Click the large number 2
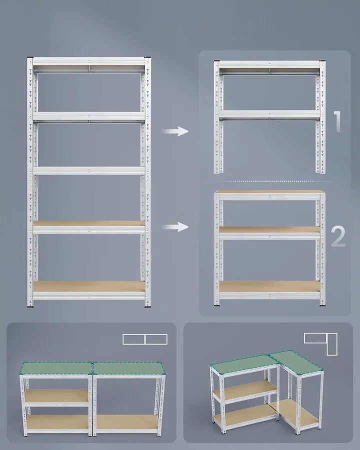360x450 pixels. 338,236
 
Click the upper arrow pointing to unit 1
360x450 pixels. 175,131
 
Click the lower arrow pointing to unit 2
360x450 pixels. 175,226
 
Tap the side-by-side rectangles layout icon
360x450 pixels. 145,339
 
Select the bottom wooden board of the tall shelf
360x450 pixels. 89,286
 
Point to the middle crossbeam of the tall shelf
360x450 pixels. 89,171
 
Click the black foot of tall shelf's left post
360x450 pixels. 30,307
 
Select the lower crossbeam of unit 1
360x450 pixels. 269,115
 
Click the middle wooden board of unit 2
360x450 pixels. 269,229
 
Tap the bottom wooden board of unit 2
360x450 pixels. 269,286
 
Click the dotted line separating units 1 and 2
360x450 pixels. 273,181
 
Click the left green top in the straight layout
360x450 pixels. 56,368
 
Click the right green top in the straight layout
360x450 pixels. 128,368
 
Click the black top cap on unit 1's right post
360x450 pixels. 322,61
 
